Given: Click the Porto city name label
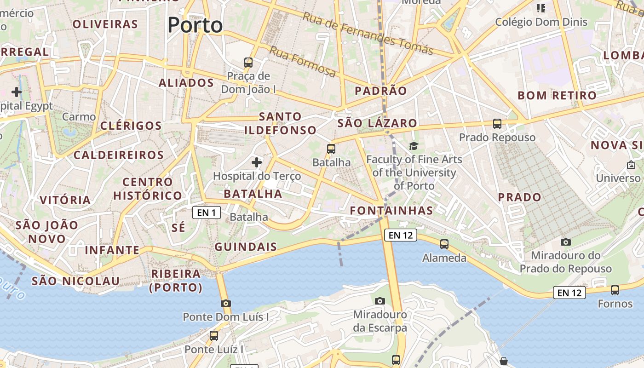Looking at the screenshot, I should click(195, 25).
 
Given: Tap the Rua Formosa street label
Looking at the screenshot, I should click(302, 62).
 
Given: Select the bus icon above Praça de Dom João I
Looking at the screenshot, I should click(248, 63).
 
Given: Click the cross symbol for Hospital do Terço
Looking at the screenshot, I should click(257, 162).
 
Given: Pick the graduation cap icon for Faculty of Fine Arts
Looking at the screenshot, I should click(414, 146).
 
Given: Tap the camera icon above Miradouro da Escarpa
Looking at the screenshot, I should click(379, 301).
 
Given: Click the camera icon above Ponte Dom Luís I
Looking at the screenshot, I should click(225, 303).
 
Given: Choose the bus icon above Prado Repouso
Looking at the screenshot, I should click(497, 123).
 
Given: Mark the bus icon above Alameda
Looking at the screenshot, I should click(444, 244).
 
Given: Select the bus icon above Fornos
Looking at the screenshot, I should click(615, 290).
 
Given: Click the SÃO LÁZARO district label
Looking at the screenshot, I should click(377, 123).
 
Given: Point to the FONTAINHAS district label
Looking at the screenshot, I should click(391, 211).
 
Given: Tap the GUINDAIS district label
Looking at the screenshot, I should click(246, 247).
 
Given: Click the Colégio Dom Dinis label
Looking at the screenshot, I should click(541, 22).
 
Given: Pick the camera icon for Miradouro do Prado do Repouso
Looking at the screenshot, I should click(566, 242).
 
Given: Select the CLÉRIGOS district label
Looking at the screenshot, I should click(131, 126).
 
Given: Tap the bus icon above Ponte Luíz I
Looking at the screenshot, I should click(214, 336).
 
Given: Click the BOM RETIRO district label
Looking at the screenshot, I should click(557, 96).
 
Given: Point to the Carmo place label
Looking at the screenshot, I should click(79, 117).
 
